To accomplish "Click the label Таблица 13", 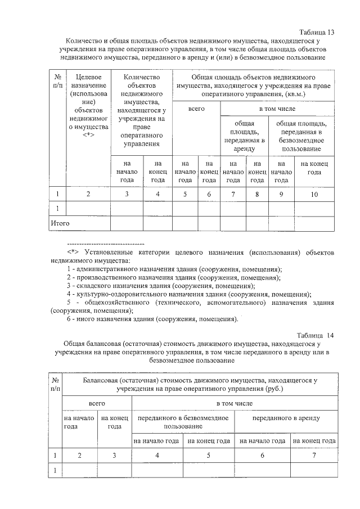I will pyautogui.click(x=317, y=32).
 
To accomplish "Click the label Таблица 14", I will pyautogui.click(x=316, y=335).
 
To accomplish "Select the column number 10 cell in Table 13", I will pyautogui.click(x=314, y=194).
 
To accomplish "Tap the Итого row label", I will pyautogui.click(x=60, y=223).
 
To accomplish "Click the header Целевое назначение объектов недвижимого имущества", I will pyautogui.click(x=88, y=105).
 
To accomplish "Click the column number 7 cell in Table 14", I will pyautogui.click(x=314, y=455).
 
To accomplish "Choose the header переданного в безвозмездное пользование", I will pyautogui.click(x=183, y=422).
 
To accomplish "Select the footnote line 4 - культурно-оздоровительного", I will pyautogui.click(x=188, y=294).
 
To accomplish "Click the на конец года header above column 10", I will pyautogui.click(x=314, y=168).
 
